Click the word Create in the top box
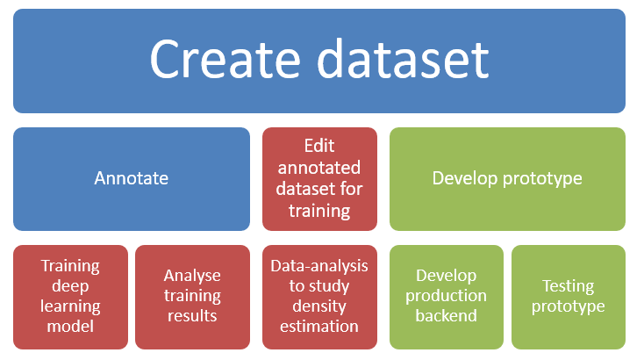pos(225,59)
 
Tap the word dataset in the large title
pos(404,59)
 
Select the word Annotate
pos(132,178)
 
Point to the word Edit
pos(319,146)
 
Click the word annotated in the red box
pos(319,168)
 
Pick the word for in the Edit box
pos(352,189)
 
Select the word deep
pos(70,287)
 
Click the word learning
pos(70,307)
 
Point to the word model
pos(70,327)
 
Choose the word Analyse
pos(192,277)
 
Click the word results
pos(192,316)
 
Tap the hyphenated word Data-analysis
pos(319,266)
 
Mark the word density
pos(319,307)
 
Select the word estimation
pos(319,327)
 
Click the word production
pos(446,296)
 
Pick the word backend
pos(446,316)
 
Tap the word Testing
pos(569,287)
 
